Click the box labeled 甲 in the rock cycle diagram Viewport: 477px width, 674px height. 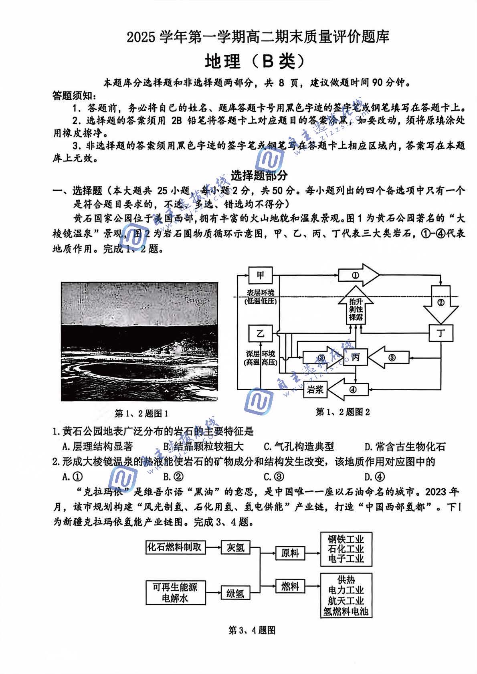(x=260, y=276)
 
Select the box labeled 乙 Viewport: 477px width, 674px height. (x=260, y=333)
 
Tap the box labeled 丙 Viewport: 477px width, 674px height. (x=355, y=357)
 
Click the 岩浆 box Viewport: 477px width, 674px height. (x=315, y=389)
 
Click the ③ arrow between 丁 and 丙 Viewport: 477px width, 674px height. (x=390, y=357)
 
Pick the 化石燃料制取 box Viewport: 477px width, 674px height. (x=175, y=547)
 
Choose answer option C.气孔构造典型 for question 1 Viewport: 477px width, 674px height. (x=299, y=446)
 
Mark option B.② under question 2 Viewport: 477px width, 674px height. (x=173, y=476)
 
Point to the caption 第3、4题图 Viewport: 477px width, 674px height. (x=251, y=630)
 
